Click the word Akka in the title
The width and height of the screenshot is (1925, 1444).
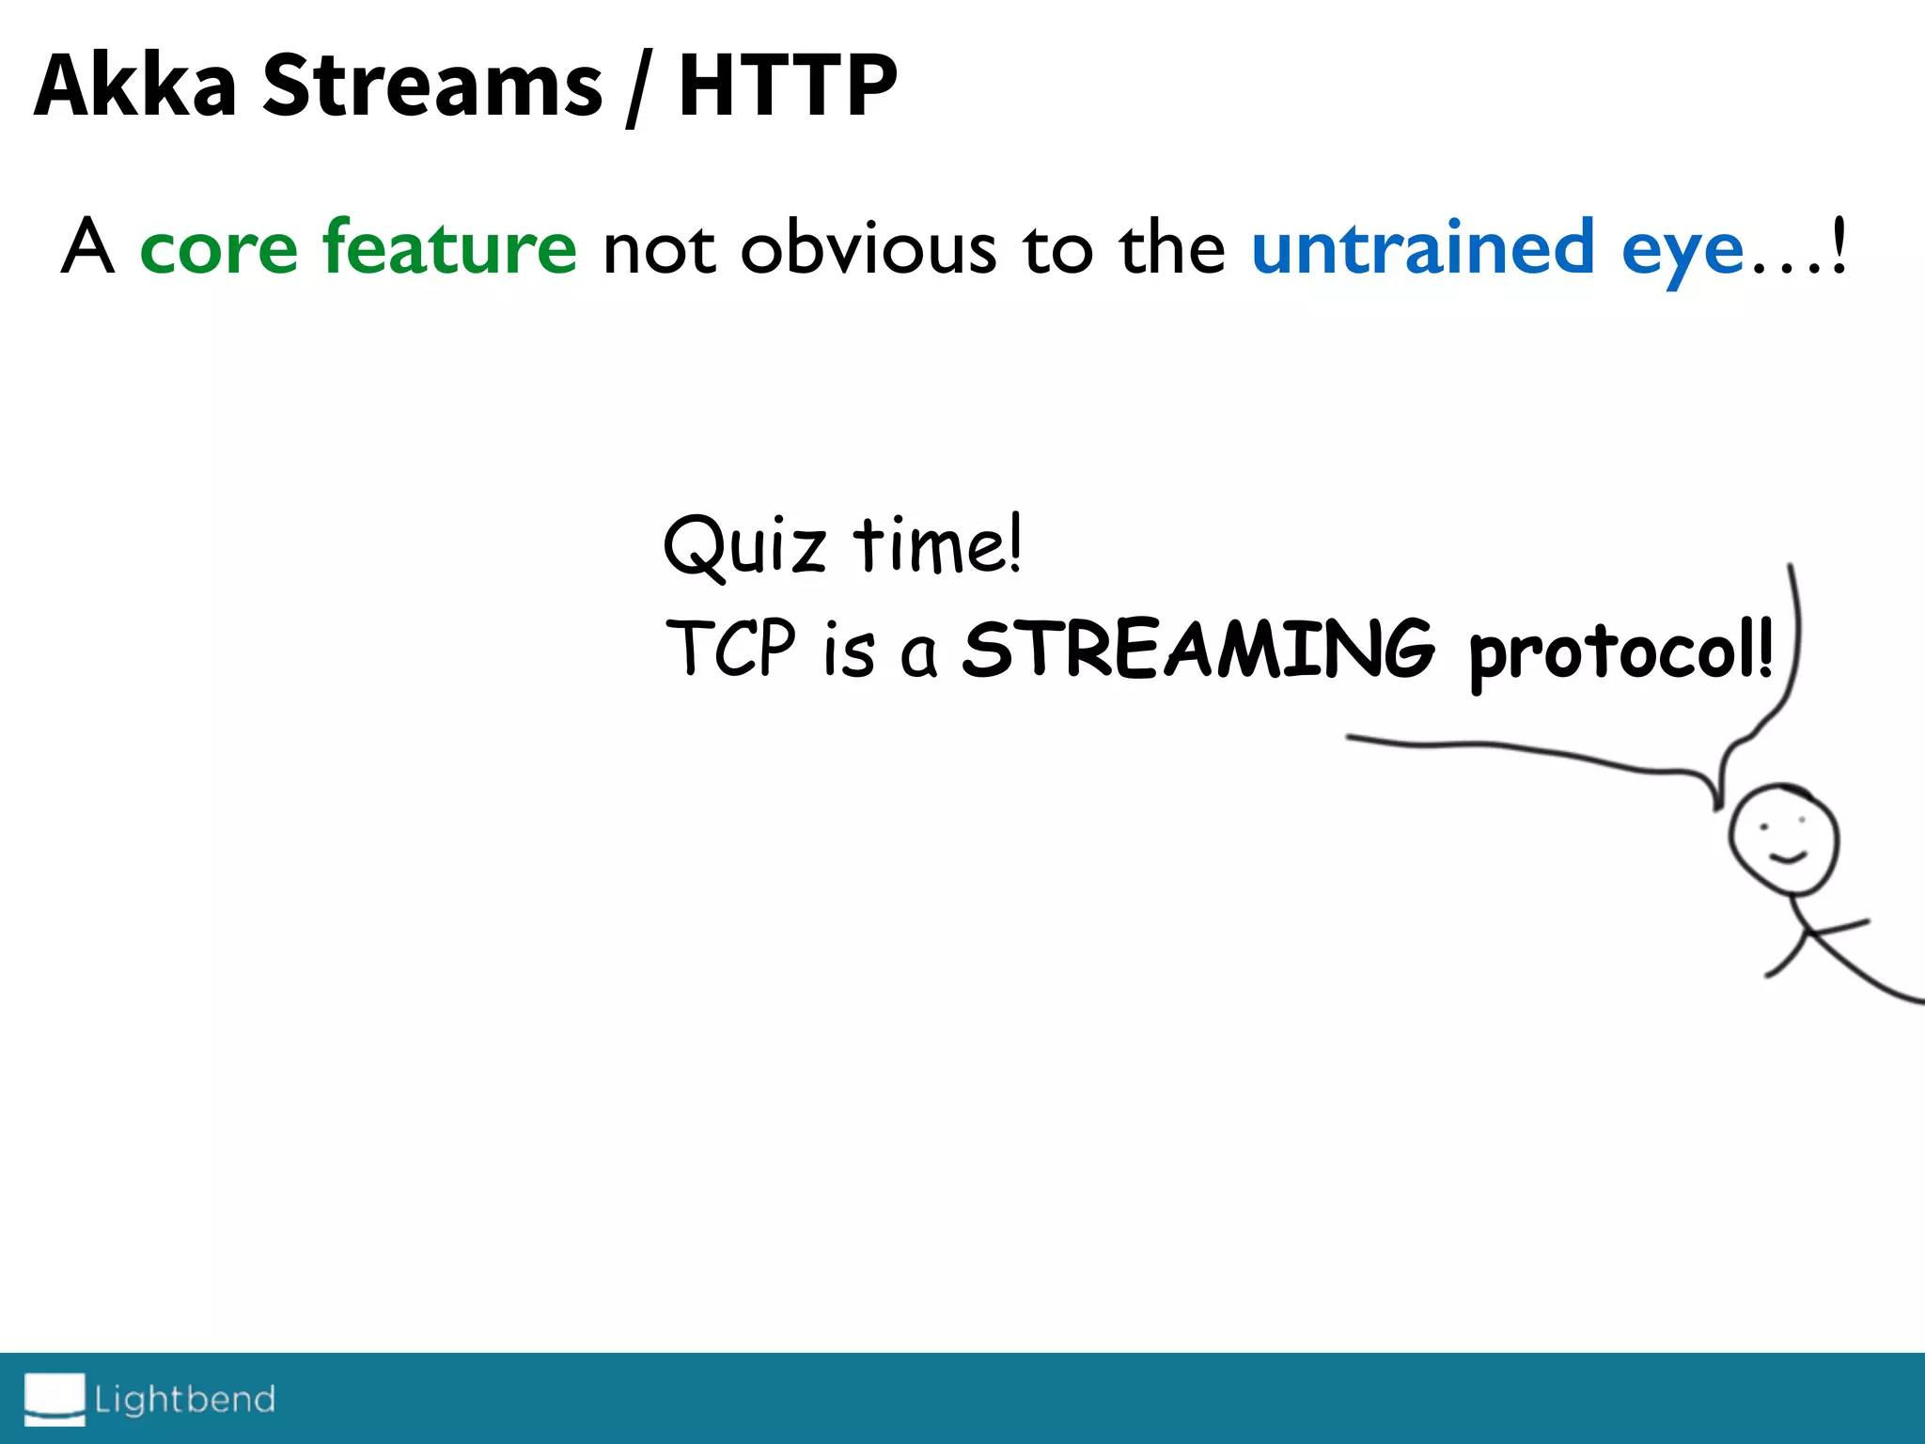tap(134, 86)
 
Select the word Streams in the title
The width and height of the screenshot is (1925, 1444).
tap(431, 86)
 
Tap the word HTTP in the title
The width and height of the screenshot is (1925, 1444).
tap(788, 86)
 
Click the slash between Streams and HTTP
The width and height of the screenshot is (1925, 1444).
tap(638, 88)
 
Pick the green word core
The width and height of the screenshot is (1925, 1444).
tap(218, 248)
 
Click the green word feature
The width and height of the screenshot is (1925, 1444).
tap(449, 246)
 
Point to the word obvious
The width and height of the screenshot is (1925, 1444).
tap(868, 248)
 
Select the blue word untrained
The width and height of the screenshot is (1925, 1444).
tap(1422, 246)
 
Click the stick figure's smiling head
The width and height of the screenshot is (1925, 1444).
tap(1783, 840)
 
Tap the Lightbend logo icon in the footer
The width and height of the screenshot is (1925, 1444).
tap(55, 1398)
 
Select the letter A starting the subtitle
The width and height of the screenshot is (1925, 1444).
tap(87, 246)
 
